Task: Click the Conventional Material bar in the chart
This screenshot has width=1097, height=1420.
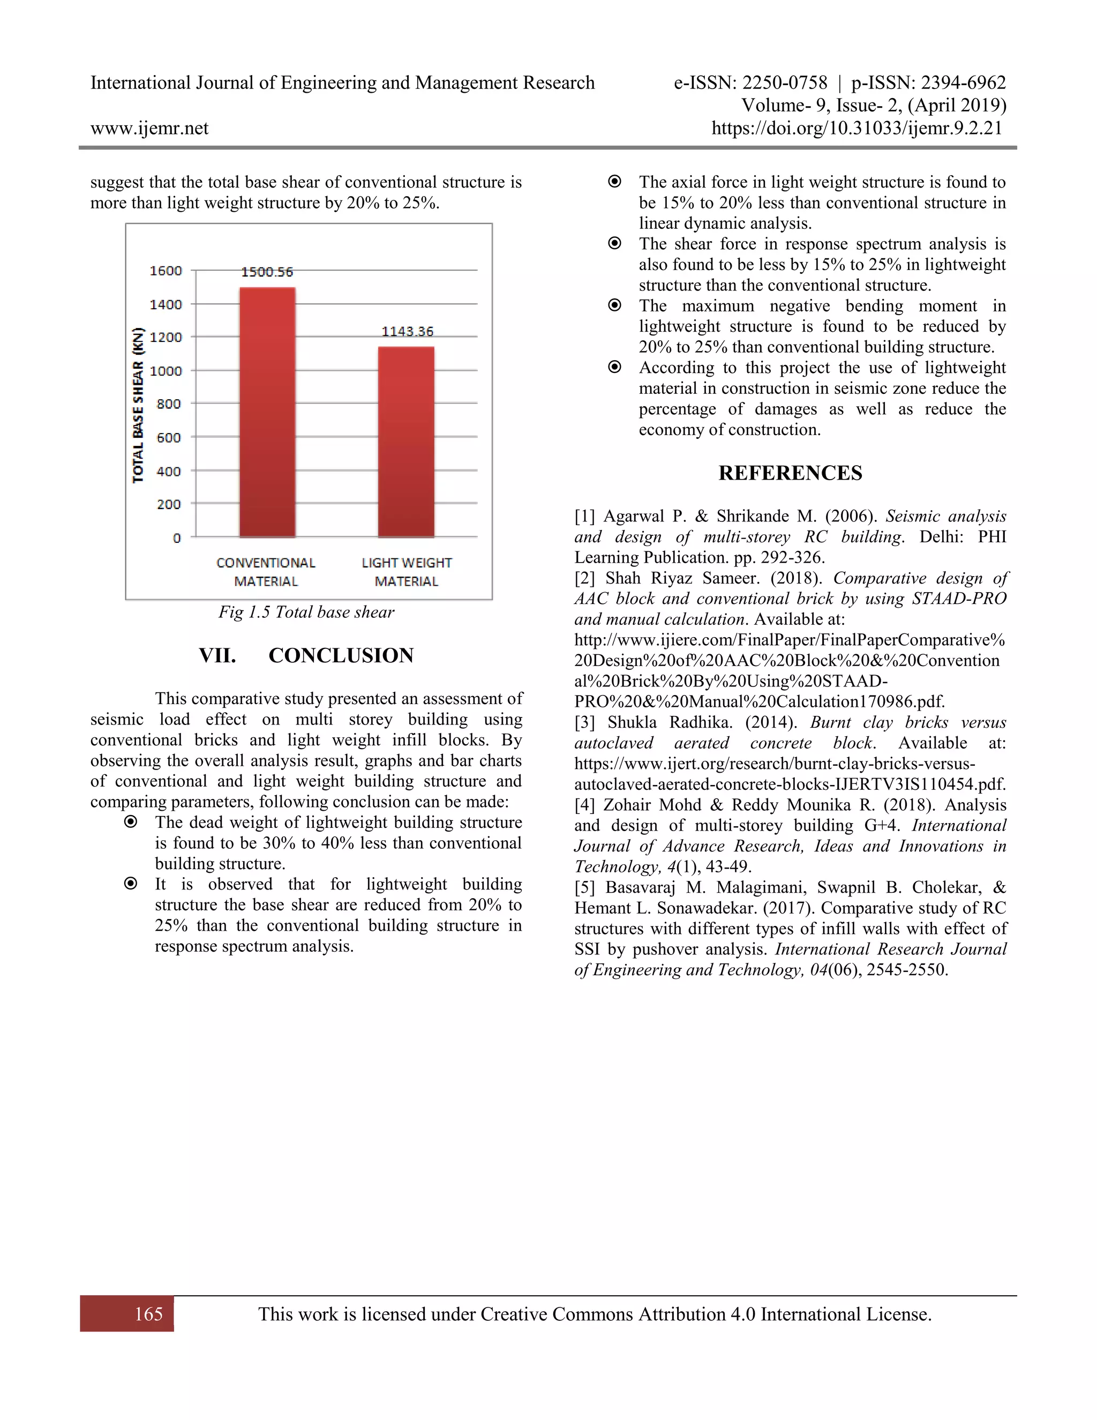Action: click(267, 412)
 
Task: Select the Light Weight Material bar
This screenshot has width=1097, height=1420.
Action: click(406, 442)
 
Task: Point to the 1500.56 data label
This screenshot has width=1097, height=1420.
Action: click(267, 272)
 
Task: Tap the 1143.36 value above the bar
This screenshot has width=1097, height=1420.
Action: click(407, 332)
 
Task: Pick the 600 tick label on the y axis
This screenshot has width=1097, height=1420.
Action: click(168, 438)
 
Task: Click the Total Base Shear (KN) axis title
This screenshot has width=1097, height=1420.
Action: click(138, 405)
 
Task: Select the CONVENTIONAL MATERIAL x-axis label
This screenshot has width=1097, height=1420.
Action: click(266, 572)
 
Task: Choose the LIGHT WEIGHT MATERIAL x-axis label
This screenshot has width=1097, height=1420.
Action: click(406, 572)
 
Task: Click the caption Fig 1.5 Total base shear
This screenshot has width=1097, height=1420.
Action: click(306, 612)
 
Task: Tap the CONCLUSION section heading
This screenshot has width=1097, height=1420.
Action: click(341, 655)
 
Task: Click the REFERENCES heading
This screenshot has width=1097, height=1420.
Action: click(790, 473)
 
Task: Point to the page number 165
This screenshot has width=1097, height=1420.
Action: click(148, 1314)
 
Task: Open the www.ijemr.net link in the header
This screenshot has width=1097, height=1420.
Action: click(149, 128)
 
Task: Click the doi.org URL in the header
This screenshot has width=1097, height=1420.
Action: click(856, 128)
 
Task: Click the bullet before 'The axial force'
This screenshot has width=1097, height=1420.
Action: click(614, 182)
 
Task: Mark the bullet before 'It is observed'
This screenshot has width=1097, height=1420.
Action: click(131, 884)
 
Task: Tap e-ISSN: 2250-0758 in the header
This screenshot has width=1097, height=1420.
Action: click(750, 83)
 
